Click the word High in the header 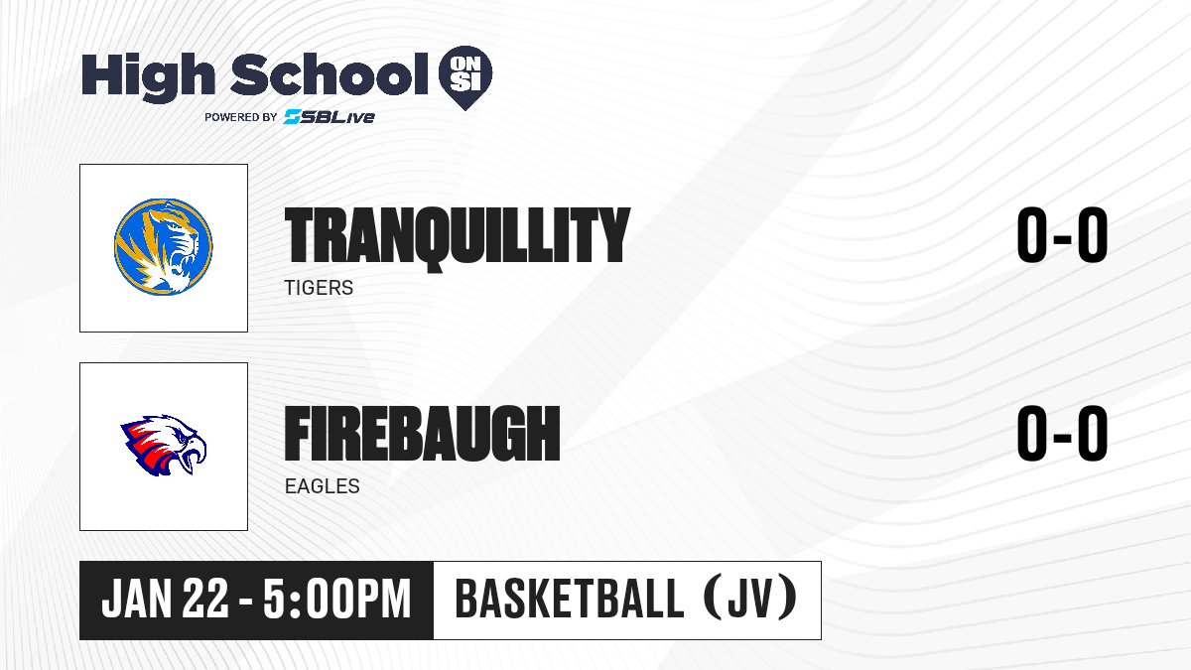[149, 76]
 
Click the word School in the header [330, 73]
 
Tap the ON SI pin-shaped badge [465, 77]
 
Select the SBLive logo [330, 116]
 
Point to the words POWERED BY [241, 117]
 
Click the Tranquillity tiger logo [163, 247]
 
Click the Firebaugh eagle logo [164, 446]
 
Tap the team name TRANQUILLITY [458, 237]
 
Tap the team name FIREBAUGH [422, 434]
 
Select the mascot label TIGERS [319, 288]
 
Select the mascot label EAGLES [323, 486]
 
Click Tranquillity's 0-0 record [1062, 234]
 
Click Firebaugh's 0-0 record [1062, 433]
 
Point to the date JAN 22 [166, 600]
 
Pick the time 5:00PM [337, 600]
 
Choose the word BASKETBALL [570, 599]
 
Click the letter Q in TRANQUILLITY [440, 239]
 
